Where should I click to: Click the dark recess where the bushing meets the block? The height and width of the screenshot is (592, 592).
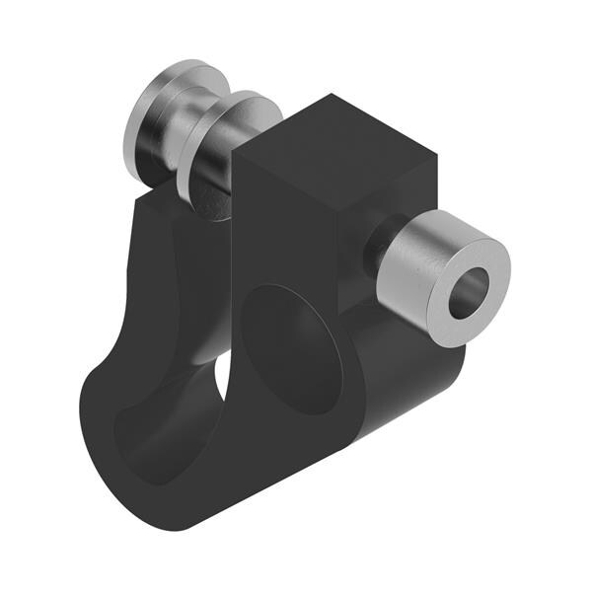click(372, 252)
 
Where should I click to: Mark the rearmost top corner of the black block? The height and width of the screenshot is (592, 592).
click(332, 96)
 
